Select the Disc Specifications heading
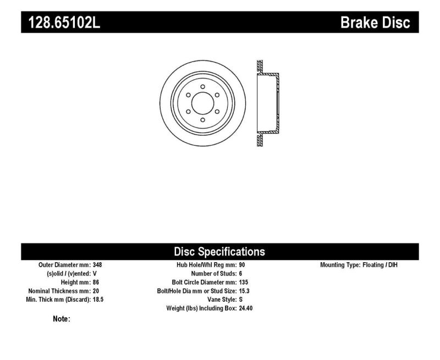(x=219, y=252)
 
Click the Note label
(x=61, y=319)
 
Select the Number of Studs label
(x=213, y=274)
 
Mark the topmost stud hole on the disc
(x=202, y=87)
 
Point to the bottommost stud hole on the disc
(x=202, y=120)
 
